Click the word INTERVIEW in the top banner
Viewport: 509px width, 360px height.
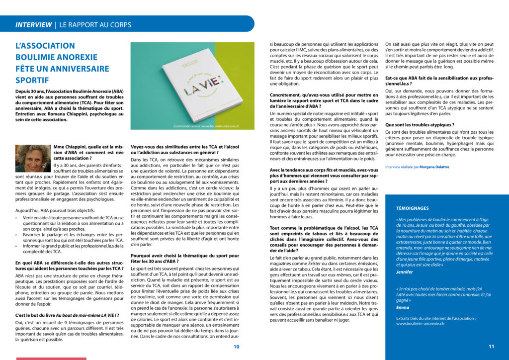click(33, 24)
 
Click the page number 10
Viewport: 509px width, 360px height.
click(237, 347)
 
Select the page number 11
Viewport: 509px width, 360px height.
click(491, 347)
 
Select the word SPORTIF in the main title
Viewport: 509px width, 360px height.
click(32, 80)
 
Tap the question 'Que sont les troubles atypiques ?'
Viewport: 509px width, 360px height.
click(420, 125)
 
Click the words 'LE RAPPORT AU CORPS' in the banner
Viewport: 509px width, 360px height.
click(95, 24)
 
